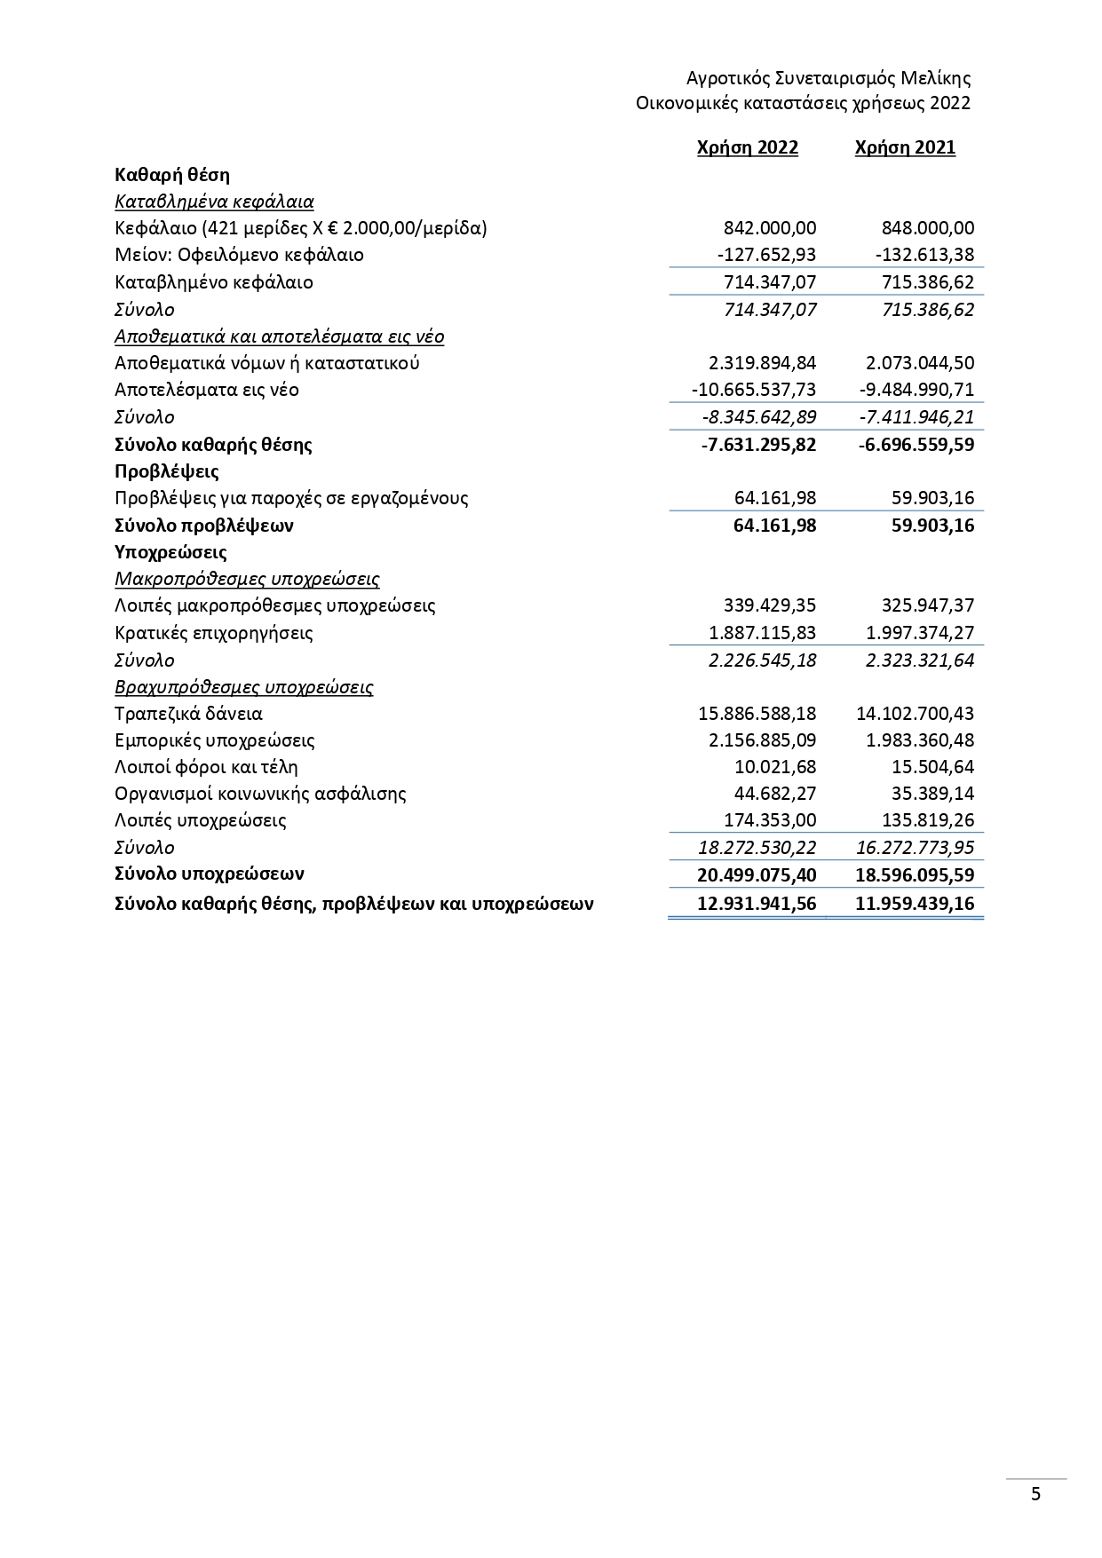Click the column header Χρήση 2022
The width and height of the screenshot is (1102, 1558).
pos(747,148)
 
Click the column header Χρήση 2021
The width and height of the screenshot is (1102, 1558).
pos(905,148)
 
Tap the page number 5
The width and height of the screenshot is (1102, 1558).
pos(1035,1493)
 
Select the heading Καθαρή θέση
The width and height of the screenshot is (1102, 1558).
pos(172,175)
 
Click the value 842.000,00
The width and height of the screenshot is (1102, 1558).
pos(769,228)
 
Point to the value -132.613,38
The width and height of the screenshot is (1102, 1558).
pos(924,255)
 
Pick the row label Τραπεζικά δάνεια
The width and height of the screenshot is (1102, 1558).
pos(189,714)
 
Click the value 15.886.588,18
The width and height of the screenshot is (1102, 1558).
pos(757,714)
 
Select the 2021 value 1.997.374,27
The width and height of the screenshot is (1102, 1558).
pos(919,633)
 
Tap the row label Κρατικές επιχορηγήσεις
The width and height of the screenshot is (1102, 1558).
pos(214,633)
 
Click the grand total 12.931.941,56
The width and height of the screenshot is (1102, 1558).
pos(757,904)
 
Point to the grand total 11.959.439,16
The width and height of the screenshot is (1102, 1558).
pos(915,904)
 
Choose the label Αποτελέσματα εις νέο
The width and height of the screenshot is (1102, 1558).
pos(207,390)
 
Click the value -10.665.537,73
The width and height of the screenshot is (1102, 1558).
pos(753,390)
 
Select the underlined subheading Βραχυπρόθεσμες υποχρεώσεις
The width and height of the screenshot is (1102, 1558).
pos(244,687)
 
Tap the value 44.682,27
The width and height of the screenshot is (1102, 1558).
pos(775,794)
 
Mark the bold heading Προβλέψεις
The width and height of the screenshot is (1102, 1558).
pos(167,471)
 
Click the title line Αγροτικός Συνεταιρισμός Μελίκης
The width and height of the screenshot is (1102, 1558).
pos(828,78)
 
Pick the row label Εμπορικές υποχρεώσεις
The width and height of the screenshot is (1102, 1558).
pos(215,740)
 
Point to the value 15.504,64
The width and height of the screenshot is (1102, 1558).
pos(932,767)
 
